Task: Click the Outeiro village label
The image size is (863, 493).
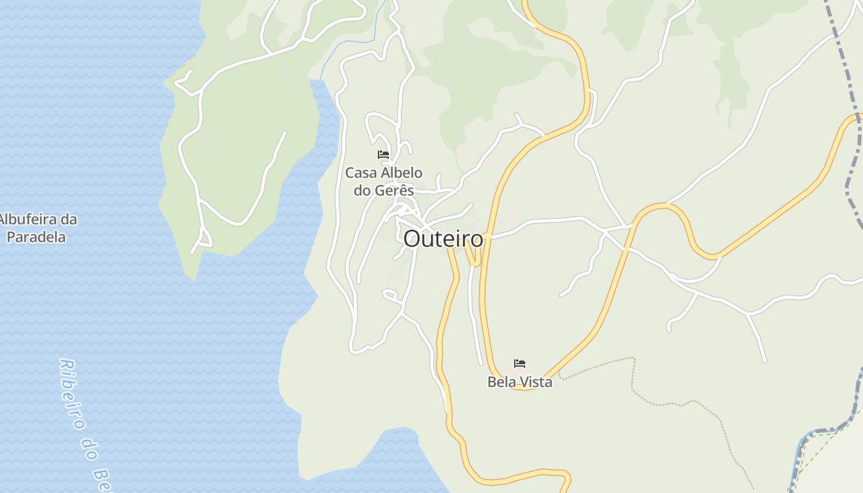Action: [x=443, y=239]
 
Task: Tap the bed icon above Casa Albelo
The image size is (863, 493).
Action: [x=383, y=155]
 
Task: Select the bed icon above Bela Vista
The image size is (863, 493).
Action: [x=520, y=364]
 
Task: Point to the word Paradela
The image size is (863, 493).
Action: [x=36, y=237]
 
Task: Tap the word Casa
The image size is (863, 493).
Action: [x=359, y=173]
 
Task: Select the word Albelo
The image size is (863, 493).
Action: [x=399, y=173]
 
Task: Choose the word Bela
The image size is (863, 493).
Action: [x=501, y=382]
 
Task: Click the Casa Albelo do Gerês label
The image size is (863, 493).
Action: [x=383, y=181]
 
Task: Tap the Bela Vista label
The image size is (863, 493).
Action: [x=520, y=382]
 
